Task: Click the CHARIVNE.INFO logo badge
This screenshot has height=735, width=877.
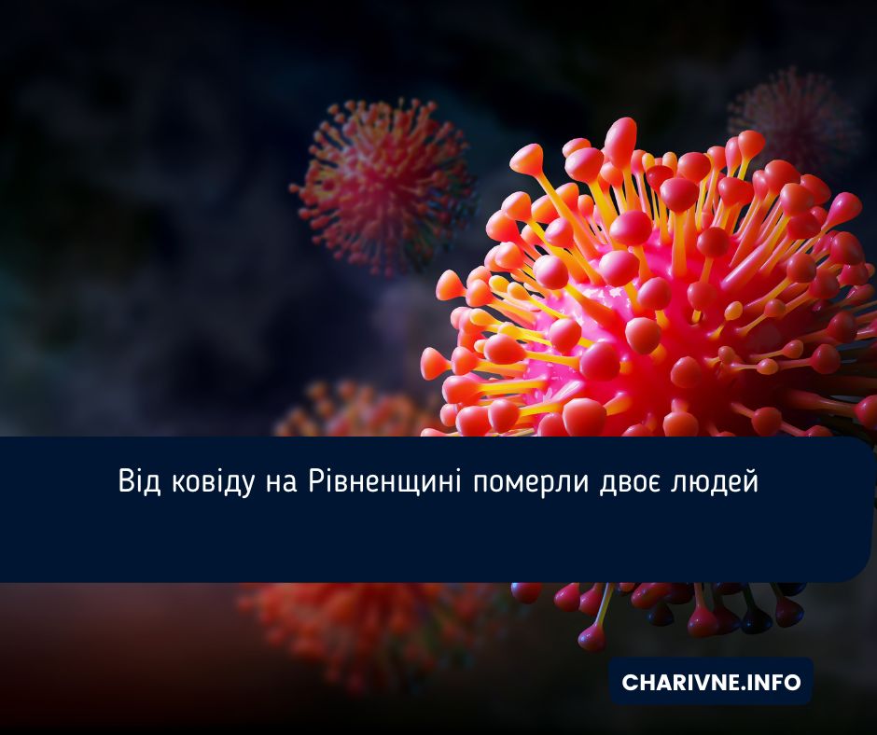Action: click(711, 682)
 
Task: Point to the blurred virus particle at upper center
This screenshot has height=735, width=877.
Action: click(383, 182)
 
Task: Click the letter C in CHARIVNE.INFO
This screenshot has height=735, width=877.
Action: click(630, 683)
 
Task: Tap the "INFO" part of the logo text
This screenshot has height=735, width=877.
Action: click(776, 683)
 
